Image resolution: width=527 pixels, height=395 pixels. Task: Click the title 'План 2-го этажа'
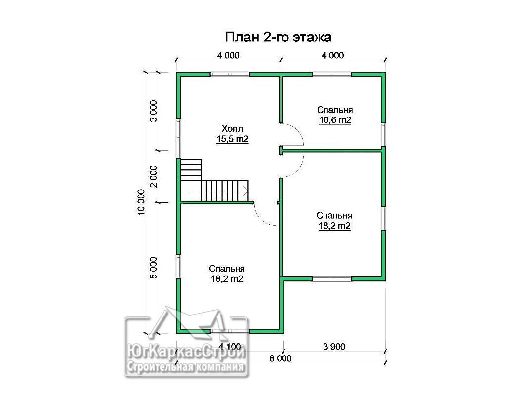pyautogui.click(x=278, y=37)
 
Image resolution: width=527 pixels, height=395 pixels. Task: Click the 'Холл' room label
pyautogui.click(x=232, y=129)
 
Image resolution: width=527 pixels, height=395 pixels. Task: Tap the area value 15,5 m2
pyautogui.click(x=232, y=139)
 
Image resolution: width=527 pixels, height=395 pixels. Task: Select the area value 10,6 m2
pyautogui.click(x=335, y=120)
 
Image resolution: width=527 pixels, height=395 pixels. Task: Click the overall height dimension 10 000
pyautogui.click(x=141, y=202)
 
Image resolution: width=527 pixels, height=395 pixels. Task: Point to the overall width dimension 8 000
pyautogui.click(x=281, y=359)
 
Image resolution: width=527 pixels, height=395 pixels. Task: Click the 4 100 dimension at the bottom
pyautogui.click(x=230, y=346)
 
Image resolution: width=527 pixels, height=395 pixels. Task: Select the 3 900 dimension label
pyautogui.click(x=334, y=346)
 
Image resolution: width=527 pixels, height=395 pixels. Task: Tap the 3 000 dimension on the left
pyautogui.click(x=153, y=111)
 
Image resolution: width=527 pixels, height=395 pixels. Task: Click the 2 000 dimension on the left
pyautogui.click(x=153, y=176)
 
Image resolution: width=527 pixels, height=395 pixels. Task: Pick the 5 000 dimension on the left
pyautogui.click(x=153, y=268)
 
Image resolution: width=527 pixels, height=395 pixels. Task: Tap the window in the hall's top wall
pyautogui.click(x=230, y=74)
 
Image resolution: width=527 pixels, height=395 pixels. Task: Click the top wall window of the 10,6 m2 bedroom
pyautogui.click(x=332, y=74)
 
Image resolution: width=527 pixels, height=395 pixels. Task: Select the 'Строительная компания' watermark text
pyautogui.click(x=186, y=367)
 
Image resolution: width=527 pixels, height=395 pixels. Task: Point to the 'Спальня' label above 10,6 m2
pyautogui.click(x=335, y=110)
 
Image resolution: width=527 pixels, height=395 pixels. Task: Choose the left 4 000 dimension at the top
pyautogui.click(x=228, y=55)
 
